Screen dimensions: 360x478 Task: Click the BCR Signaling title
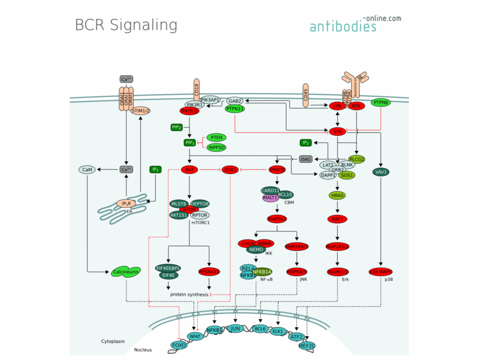point(126,25)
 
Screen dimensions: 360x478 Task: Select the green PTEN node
point(217,137)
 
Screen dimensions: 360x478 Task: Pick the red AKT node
point(190,170)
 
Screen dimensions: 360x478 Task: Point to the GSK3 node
point(230,170)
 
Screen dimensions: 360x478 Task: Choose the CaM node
point(87,170)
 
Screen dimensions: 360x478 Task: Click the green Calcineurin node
point(125,272)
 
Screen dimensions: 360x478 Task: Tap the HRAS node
point(338,195)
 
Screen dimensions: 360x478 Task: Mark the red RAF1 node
point(337,219)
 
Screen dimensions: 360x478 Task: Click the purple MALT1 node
point(271,198)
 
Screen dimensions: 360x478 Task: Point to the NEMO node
point(256,250)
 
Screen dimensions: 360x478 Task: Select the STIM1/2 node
point(140,110)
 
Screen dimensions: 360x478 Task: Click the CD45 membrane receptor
point(305,94)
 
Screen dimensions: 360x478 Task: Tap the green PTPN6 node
point(381,103)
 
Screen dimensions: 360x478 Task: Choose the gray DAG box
point(306,159)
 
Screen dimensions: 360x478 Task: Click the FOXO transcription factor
point(179,345)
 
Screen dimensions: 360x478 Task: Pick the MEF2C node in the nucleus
point(307,345)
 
